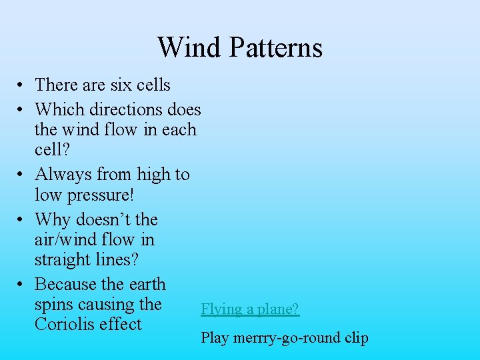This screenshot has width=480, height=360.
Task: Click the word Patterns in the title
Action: click(275, 47)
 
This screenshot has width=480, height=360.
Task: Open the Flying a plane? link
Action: click(250, 309)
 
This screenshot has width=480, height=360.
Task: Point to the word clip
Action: click(357, 338)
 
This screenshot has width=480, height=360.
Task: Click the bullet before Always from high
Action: click(22, 175)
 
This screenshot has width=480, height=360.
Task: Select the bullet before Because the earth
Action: click(22, 285)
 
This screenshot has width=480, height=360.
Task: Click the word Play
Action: click(215, 338)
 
